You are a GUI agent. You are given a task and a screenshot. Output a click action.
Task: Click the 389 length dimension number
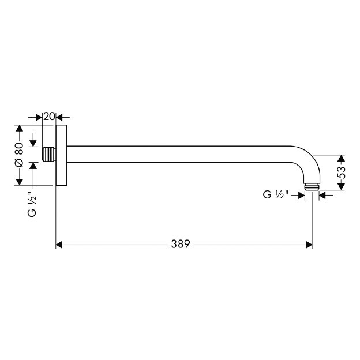tap(180, 245)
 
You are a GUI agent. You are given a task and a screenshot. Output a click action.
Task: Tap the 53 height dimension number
tap(341, 171)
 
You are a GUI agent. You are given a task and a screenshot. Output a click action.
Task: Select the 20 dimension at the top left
tap(49, 117)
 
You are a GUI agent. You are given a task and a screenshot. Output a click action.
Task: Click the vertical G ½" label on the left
tap(32, 205)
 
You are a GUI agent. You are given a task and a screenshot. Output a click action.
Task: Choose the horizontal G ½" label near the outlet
tap(275, 196)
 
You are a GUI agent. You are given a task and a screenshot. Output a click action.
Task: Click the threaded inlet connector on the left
tap(50, 155)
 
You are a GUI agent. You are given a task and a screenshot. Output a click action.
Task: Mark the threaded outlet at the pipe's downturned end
tap(312, 187)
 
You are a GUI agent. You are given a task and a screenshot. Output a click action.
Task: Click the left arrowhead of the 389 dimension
tap(59, 245)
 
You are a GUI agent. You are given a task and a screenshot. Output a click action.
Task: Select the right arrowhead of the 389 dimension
tap(309, 245)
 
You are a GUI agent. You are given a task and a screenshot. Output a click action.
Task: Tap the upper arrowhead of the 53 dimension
tap(341, 158)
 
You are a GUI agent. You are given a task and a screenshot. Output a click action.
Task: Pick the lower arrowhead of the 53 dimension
tap(341, 185)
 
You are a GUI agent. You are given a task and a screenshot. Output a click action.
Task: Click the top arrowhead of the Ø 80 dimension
tap(19, 129)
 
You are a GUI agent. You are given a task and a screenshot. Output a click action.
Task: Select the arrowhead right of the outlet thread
tap(322, 196)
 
